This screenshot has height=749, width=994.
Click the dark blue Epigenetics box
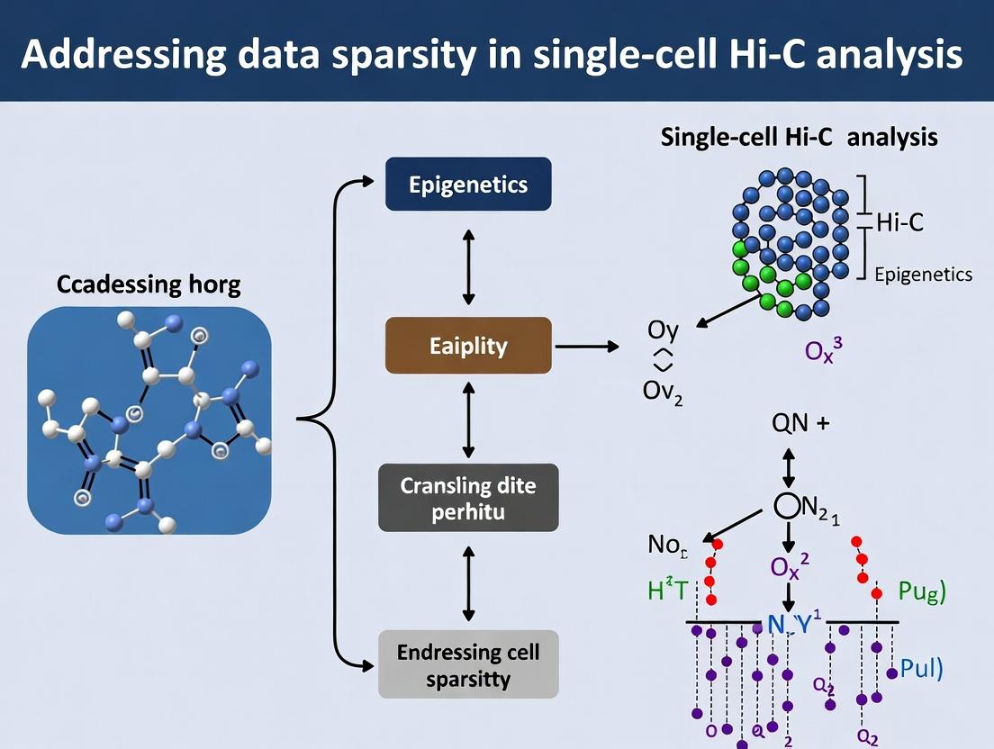[x=467, y=185]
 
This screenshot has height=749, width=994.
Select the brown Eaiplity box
[x=467, y=345]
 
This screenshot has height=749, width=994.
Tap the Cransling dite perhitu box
[x=467, y=497]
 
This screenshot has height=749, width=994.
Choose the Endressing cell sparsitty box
[x=467, y=664]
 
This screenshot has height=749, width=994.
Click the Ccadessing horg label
[x=149, y=285]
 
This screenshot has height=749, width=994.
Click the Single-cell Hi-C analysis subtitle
[x=800, y=138]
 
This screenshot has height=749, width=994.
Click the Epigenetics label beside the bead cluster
[x=924, y=274]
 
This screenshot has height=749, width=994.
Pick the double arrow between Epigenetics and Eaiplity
[x=467, y=265]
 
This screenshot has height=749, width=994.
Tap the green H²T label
[x=667, y=591]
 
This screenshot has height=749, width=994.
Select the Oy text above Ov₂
[x=663, y=330]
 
